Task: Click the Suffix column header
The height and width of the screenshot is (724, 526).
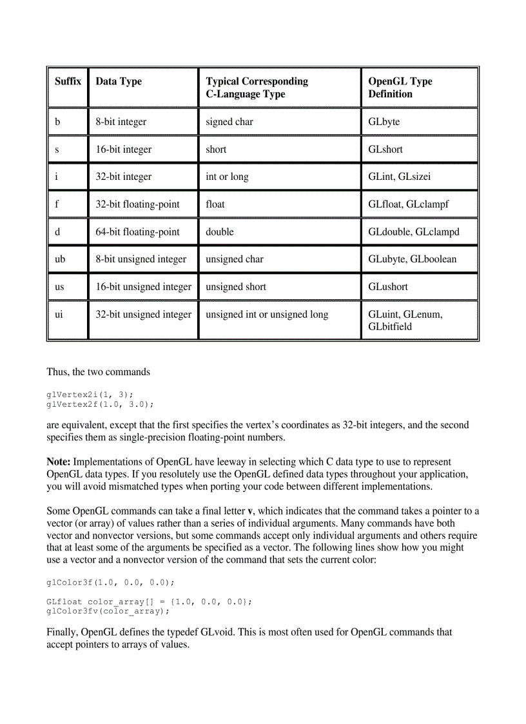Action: (68, 81)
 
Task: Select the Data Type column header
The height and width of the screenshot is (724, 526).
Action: (119, 81)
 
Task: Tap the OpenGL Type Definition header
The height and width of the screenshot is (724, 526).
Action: (400, 88)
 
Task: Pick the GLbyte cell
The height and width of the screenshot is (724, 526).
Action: (384, 121)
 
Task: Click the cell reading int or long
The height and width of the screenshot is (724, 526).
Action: (227, 177)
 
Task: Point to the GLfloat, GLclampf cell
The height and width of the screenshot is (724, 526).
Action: (408, 204)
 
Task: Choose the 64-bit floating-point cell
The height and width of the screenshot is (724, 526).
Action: (137, 231)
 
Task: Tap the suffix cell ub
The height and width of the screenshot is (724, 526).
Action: (60, 259)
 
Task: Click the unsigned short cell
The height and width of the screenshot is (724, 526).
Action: (236, 287)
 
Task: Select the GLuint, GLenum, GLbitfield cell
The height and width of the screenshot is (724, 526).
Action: (405, 320)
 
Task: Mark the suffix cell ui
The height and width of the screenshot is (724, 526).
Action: (59, 315)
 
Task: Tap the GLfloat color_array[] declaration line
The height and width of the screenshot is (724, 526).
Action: (150, 601)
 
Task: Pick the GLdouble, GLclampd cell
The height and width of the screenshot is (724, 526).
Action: (414, 231)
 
